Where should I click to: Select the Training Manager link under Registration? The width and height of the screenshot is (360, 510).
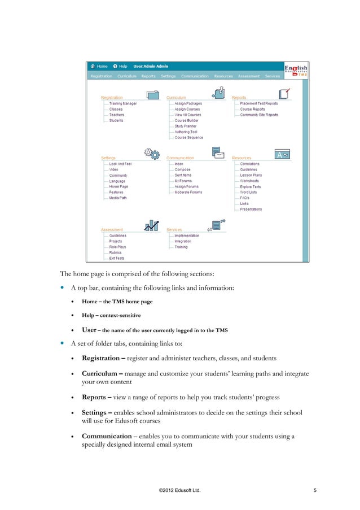[122, 103]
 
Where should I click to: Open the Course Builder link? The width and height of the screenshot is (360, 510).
[186, 120]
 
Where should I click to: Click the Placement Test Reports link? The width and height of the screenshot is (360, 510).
[258, 103]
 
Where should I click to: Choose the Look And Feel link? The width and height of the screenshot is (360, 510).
[120, 164]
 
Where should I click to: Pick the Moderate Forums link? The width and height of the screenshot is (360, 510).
[188, 192]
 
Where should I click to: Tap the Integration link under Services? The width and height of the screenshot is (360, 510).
[183, 241]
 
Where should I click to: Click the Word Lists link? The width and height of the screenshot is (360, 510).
[248, 192]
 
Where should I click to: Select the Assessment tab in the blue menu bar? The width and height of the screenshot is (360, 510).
[248, 76]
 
